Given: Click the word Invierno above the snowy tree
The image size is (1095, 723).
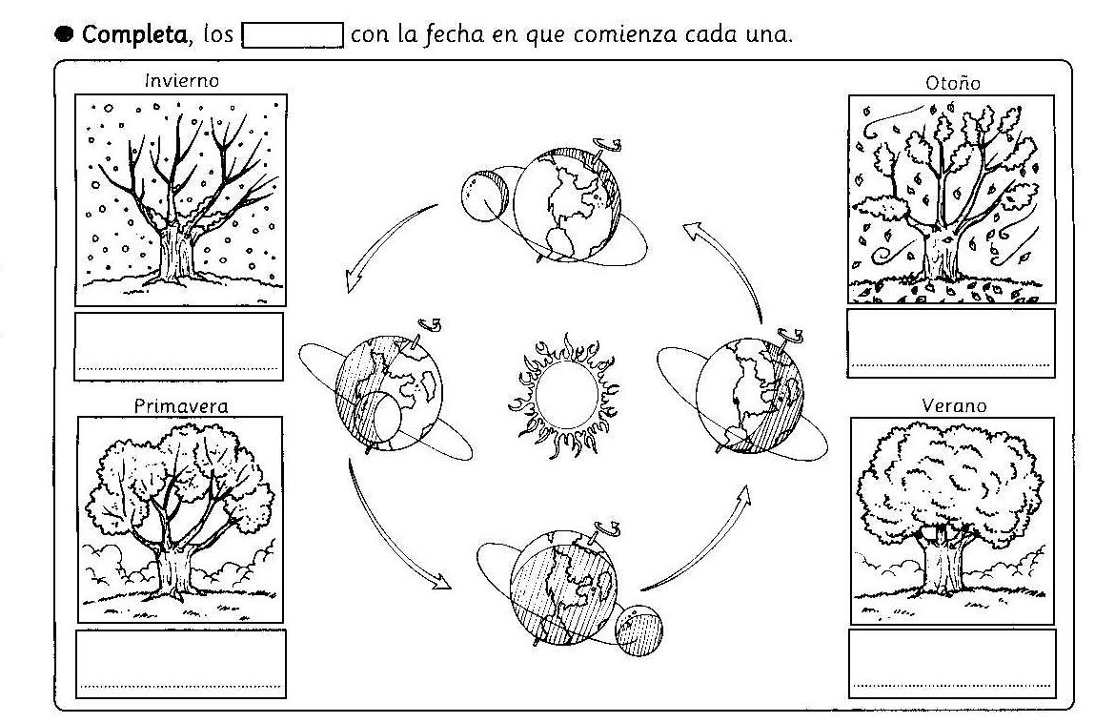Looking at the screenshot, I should tap(181, 81).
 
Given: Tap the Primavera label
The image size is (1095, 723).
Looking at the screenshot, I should tap(181, 406).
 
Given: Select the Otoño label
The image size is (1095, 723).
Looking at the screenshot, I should tap(953, 83).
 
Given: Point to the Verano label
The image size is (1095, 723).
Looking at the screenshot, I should tap(954, 406).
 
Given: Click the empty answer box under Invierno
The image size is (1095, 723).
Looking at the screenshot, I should tap(179, 346).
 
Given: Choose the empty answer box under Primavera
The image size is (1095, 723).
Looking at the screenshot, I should tap(181, 664).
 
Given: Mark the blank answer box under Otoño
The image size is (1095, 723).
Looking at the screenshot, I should tap(951, 342).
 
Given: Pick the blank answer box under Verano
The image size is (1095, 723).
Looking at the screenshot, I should tap(952, 663).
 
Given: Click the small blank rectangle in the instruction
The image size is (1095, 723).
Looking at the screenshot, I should tap(294, 37).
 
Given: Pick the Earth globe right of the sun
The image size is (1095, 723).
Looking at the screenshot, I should tap(750, 389).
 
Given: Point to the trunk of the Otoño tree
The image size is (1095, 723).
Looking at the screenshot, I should tap(940, 252).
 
